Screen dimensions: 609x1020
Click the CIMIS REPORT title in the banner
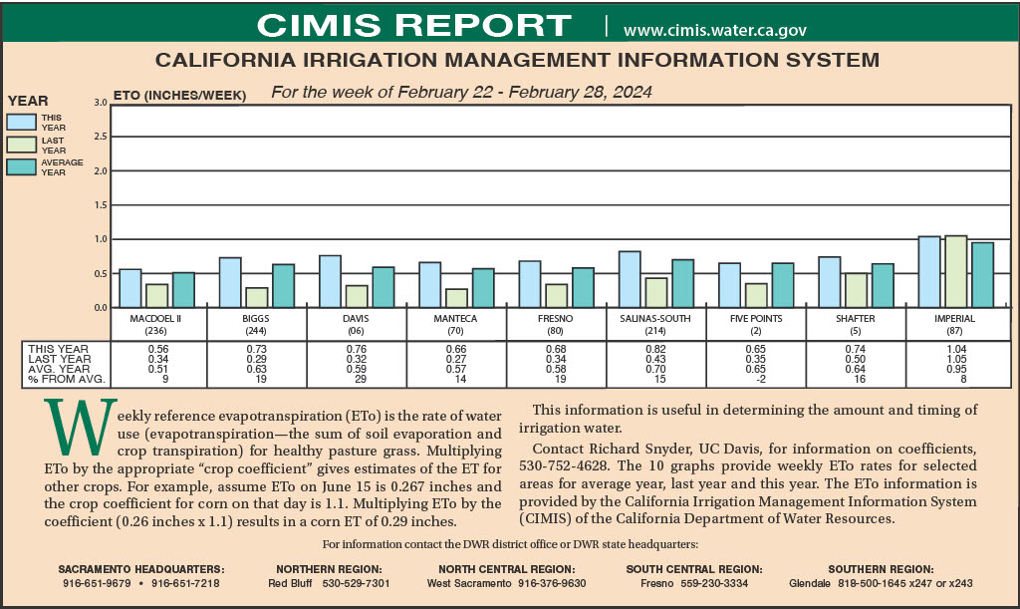(414, 24)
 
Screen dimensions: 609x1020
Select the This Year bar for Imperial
(929, 271)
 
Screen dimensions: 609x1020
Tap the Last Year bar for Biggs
(257, 297)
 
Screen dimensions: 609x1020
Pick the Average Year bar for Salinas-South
(682, 283)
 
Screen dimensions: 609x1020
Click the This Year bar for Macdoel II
(130, 288)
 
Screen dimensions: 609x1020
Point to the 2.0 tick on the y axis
(100, 171)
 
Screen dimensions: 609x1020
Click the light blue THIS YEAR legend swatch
(21, 122)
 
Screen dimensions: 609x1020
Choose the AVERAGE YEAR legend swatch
(21, 166)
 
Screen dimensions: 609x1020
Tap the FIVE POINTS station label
(756, 319)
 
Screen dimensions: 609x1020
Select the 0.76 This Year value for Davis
(358, 349)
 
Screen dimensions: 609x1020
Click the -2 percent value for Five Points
(756, 379)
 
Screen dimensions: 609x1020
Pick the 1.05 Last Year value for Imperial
(955, 359)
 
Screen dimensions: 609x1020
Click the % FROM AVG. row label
(67, 379)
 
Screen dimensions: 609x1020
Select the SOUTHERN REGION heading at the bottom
(881, 568)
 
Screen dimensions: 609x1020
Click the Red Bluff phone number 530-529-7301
(355, 583)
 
